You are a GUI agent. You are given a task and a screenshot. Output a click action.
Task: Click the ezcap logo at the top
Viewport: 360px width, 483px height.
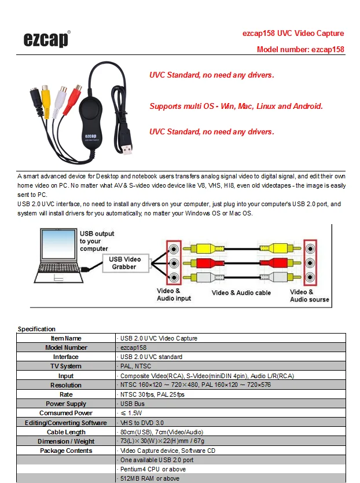coord(46,39)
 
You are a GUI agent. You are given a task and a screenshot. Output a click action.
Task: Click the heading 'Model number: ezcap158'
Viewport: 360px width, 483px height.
coord(300,50)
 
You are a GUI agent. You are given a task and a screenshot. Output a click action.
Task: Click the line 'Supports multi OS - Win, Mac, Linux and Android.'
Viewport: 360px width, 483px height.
coord(236,107)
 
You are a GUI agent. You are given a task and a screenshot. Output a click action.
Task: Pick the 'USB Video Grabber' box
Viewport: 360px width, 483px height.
coord(124,263)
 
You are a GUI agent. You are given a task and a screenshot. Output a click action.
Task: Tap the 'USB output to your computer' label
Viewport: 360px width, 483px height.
coord(94,241)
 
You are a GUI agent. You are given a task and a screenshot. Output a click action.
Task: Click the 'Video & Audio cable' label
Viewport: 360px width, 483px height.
coord(241,293)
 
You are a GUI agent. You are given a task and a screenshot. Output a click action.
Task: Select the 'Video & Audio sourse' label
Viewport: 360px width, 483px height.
coord(309,296)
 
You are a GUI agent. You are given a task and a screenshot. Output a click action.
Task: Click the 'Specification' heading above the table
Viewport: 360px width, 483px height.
coord(37,329)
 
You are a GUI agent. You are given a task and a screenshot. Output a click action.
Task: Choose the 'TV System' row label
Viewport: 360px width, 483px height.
coord(66,367)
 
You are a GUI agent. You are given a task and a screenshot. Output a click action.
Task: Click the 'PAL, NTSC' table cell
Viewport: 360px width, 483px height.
coord(135,367)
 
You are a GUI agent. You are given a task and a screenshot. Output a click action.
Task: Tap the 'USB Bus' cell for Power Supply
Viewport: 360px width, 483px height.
coord(133,404)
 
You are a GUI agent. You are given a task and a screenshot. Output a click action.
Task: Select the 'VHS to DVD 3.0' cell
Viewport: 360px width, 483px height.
coord(142,423)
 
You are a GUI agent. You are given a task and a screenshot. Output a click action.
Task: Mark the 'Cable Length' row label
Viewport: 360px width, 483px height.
coord(66,432)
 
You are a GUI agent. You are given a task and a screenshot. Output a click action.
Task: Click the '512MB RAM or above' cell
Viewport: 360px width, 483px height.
coord(150,478)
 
